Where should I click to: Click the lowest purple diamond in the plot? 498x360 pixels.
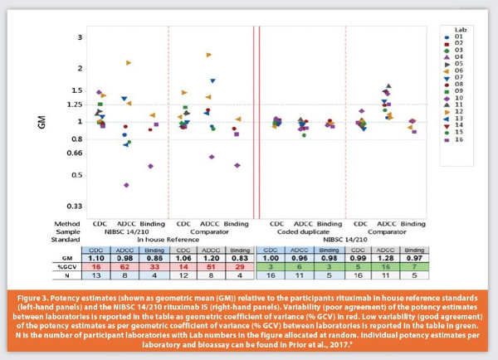click(x=126, y=185)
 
